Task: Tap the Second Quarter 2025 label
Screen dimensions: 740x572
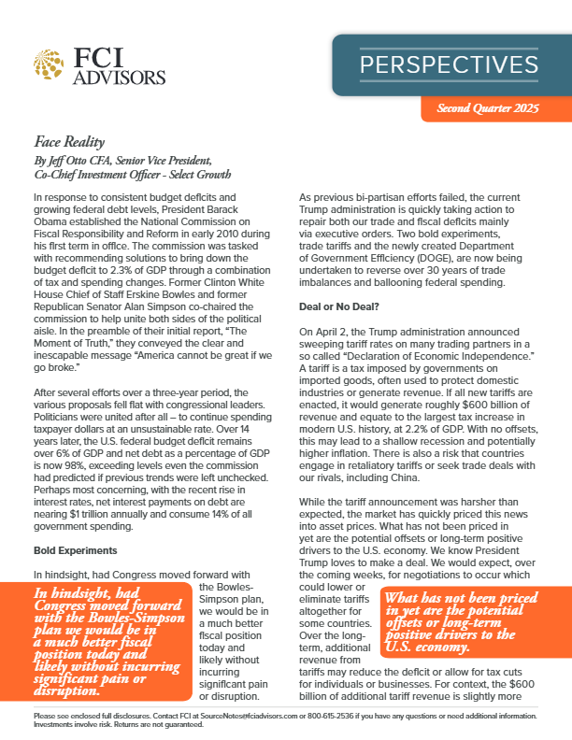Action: click(x=489, y=109)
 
